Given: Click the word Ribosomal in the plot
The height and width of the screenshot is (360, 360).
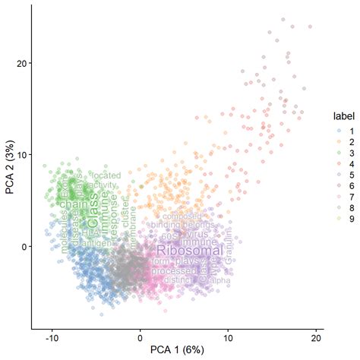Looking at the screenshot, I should coord(189,251).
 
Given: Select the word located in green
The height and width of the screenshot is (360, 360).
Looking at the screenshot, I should coord(106,175).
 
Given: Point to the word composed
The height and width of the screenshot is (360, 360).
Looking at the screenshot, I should coord(183,216).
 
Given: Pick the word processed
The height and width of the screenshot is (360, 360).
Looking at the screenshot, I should coord(174,271).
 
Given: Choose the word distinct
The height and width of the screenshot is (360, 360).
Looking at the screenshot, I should coord(179,280).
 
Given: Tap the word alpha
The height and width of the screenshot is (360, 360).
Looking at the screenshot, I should coord(221,281).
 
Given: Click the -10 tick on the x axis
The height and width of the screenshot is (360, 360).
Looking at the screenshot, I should coord(52,336).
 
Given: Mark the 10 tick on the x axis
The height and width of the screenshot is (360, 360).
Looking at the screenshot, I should coord(228,336).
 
